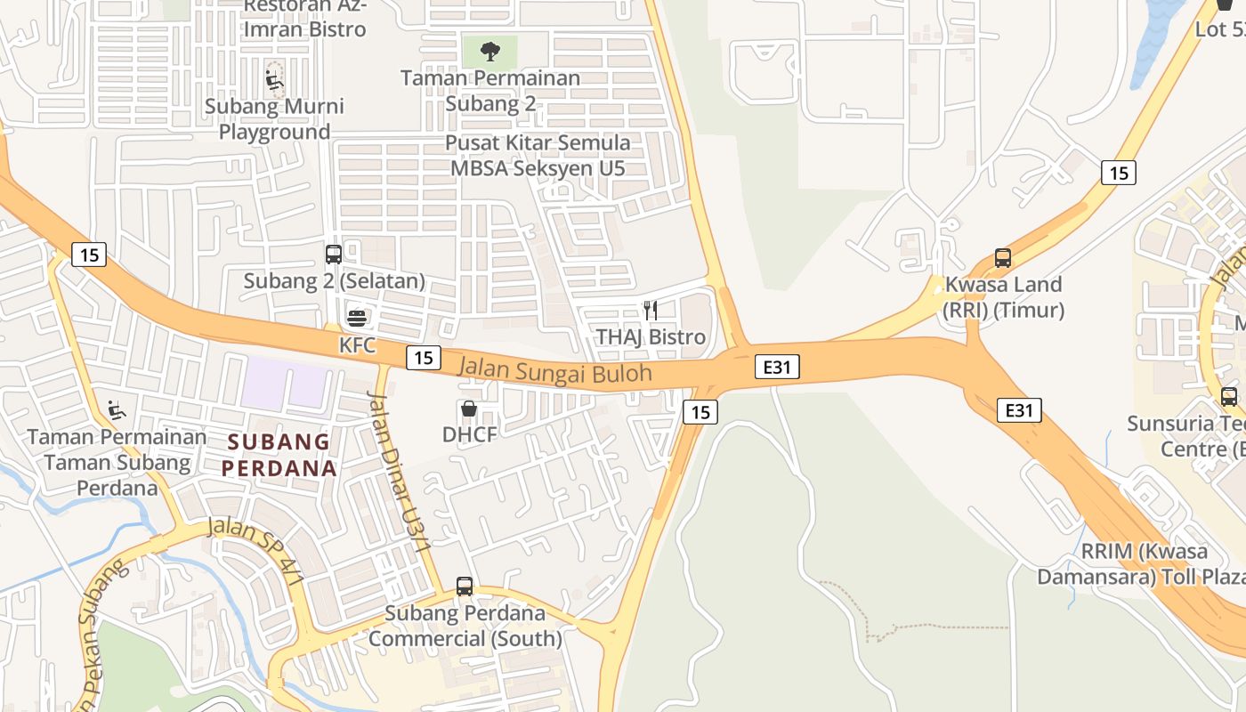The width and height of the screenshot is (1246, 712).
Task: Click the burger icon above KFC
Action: point(357,318)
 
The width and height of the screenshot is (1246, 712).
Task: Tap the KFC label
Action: point(357,344)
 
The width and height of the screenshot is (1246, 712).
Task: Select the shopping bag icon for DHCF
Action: point(468,409)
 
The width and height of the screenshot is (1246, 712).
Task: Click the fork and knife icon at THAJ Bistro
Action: point(651,311)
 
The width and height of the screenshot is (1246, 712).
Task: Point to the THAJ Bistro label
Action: point(651,337)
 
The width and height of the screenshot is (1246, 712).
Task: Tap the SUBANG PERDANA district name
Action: point(279,455)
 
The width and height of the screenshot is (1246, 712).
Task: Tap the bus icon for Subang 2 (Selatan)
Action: point(334,255)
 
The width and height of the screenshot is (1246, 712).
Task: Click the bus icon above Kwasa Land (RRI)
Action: point(1003,258)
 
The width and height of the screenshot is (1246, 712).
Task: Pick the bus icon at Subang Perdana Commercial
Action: point(465,587)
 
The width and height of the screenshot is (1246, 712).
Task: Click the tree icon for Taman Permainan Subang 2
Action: point(489,52)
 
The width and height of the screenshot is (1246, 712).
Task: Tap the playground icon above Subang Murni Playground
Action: point(275,80)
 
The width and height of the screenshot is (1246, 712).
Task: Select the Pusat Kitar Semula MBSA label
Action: point(538,155)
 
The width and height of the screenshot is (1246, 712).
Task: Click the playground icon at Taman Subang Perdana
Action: point(117,410)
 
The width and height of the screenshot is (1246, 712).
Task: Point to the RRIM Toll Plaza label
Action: point(1144,563)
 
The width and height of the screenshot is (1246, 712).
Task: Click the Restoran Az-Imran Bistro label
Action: point(305,18)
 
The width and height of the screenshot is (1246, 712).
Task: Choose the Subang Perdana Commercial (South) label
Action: point(465,626)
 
